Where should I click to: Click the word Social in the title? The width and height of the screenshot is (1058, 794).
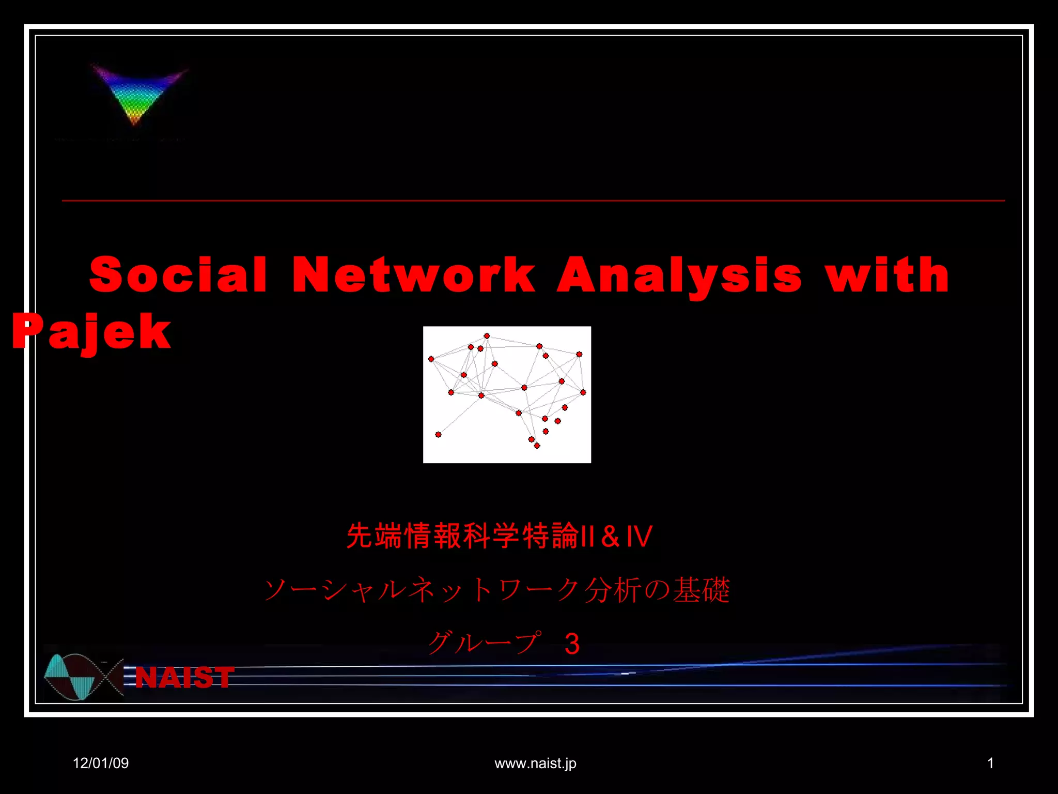178,275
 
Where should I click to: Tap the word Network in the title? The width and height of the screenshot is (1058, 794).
414,275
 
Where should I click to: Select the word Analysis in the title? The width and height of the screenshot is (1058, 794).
679,275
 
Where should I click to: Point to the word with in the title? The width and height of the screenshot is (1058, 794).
886,275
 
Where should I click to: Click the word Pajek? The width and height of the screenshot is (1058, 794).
92,332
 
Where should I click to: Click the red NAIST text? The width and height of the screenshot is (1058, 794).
184,677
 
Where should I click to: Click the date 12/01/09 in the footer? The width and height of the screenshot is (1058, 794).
101,763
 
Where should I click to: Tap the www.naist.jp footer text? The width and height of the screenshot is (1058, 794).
535,763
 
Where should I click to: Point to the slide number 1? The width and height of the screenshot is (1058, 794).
990,763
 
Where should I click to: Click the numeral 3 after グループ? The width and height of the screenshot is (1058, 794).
572,644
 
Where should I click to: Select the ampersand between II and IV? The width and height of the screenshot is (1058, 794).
610,536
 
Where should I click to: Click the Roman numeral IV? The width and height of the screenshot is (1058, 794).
639,536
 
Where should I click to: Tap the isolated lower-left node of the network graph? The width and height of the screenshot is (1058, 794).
438,435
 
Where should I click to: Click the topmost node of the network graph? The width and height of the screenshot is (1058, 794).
487,336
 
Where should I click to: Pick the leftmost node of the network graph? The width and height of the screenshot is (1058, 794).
431,359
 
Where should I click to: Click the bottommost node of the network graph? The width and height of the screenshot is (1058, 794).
537,446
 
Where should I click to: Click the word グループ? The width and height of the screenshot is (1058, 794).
485,643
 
